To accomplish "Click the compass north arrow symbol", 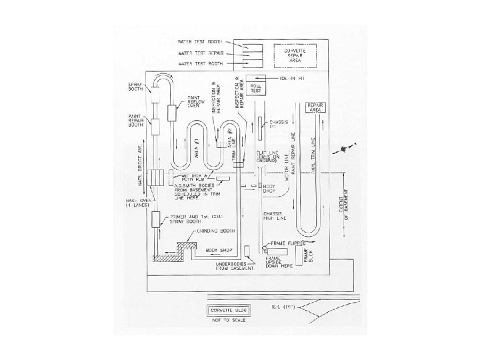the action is tap(345, 147).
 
